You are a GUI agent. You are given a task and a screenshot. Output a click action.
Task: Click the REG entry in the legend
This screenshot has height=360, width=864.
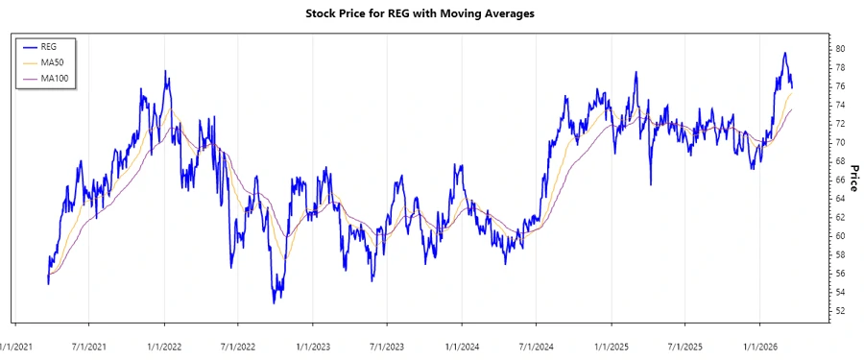click(49, 46)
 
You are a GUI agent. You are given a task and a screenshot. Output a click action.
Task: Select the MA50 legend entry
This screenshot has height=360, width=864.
click(52, 61)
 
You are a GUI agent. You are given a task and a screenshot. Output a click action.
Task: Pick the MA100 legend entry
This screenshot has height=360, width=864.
click(54, 78)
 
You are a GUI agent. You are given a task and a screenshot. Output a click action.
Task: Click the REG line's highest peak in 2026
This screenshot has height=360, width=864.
click(784, 53)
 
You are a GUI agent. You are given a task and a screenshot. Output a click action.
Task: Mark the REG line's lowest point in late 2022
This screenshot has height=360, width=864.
click(275, 302)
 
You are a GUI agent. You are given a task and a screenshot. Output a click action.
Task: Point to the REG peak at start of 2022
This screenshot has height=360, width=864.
click(165, 71)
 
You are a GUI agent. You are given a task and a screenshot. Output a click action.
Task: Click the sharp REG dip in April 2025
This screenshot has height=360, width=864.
click(650, 184)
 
